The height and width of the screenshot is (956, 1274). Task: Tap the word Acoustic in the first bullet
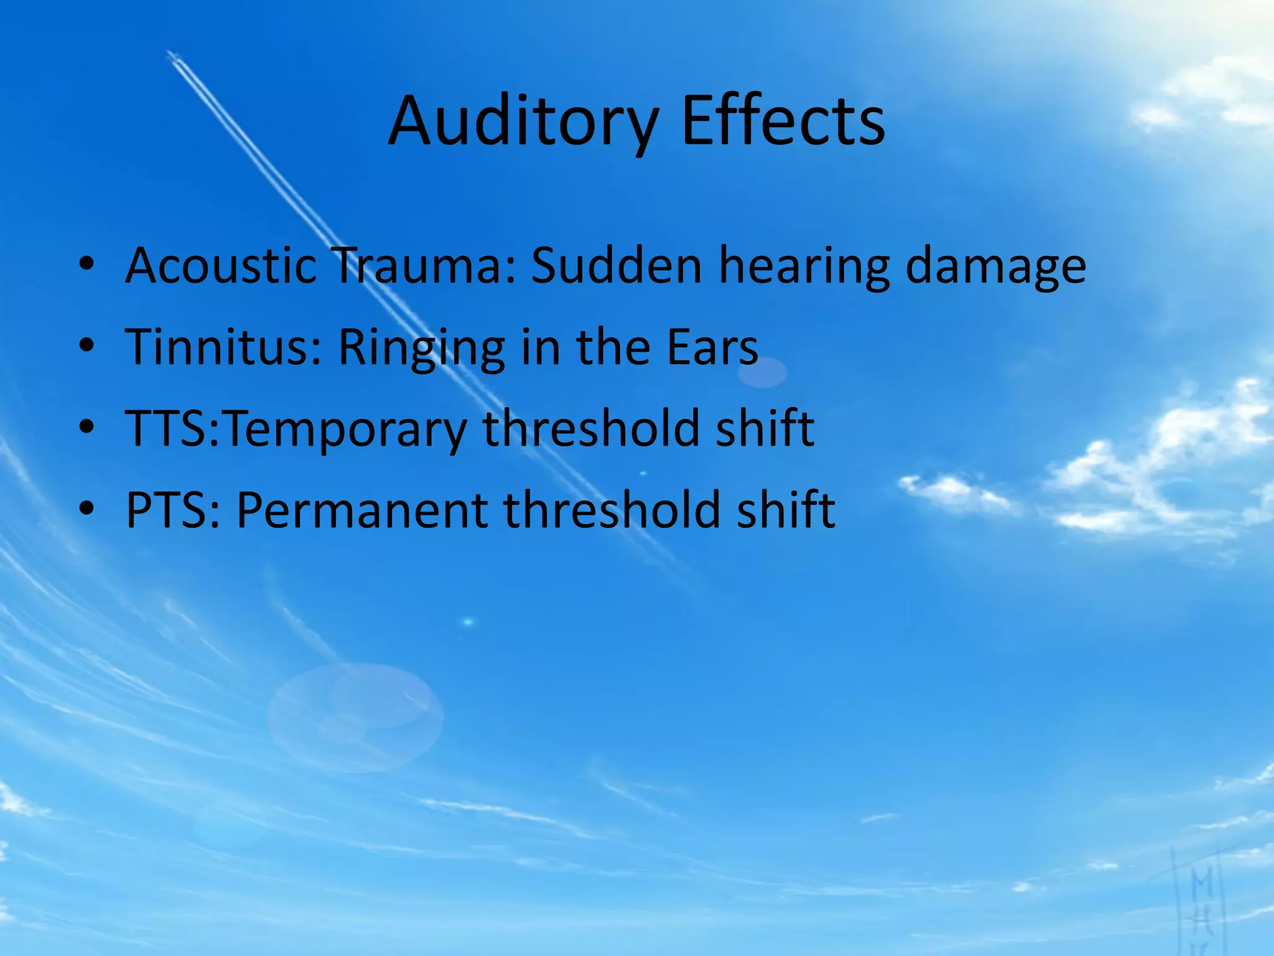click(221, 266)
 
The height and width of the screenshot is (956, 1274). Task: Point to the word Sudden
click(616, 266)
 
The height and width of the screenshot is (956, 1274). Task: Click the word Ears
click(712, 347)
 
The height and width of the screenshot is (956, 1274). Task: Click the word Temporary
click(345, 429)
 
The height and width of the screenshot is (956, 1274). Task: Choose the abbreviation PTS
click(168, 510)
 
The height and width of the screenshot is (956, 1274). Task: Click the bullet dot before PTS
click(86, 508)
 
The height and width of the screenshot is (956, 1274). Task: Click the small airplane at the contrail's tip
click(173, 58)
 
